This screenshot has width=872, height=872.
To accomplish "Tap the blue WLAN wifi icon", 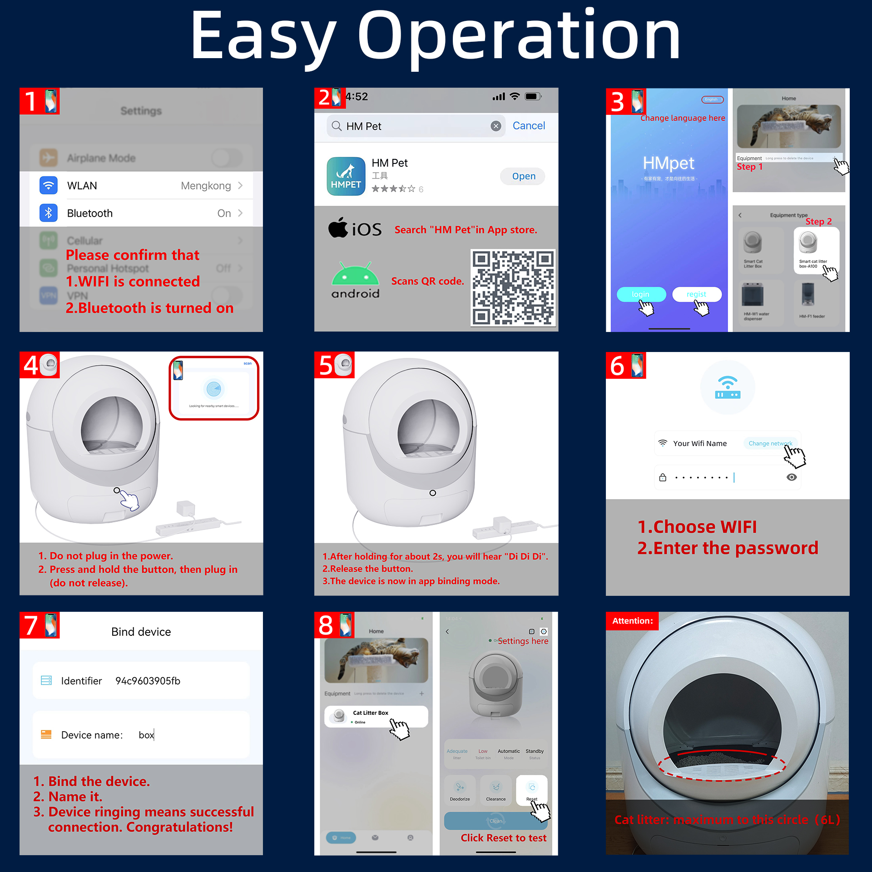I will pos(49,185).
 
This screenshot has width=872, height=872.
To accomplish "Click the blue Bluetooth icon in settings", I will pos(49,213).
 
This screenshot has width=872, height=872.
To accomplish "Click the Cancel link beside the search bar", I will pos(529,126).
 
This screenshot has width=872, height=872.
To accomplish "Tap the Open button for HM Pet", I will pos(523,176).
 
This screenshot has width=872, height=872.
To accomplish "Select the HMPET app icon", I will pos(346,176).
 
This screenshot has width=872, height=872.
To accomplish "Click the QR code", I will pos(513,287).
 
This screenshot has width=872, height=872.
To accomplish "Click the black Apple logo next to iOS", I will pos(338,228).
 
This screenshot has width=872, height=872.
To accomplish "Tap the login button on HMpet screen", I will pos(641,294).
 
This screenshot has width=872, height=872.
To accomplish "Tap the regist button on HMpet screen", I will pos(696,294).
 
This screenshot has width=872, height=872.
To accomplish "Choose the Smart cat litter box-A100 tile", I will pos(816,250).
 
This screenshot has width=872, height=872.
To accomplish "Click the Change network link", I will pos(770,443).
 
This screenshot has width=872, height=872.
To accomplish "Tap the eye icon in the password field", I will pos(791,477).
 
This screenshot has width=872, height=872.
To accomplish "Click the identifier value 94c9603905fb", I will pos(148,681).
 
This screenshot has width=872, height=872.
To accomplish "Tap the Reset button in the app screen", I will pos(531,790).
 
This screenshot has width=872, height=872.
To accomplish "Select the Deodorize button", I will pos(460,790).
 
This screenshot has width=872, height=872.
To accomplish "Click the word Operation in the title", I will pos(519,36).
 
